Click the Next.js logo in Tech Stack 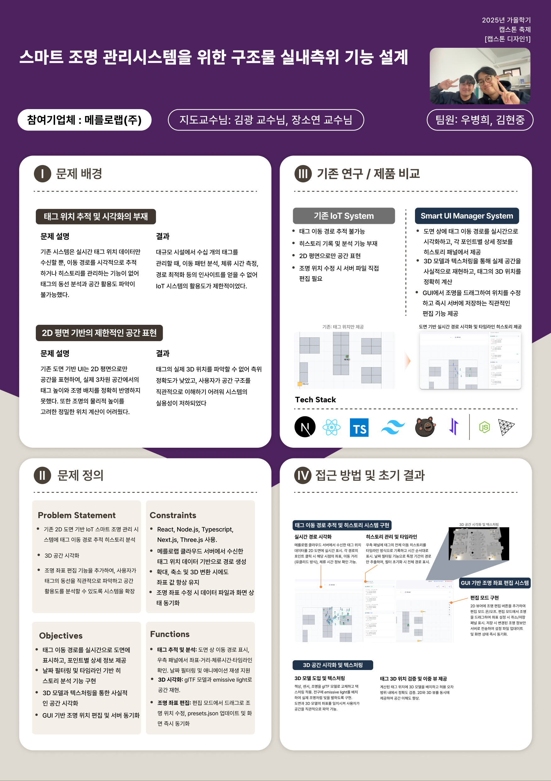point(305,427)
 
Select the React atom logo point(331,427)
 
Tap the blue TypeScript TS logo point(359,428)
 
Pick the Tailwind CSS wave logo point(393,427)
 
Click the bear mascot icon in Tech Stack point(425,427)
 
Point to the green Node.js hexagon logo point(484,427)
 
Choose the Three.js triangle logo point(506,427)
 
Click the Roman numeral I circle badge point(42,174)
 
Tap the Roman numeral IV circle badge point(303,475)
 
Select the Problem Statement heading point(77,515)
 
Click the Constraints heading point(173,515)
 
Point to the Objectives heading point(61,635)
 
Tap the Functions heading point(170,634)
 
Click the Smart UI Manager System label point(467,216)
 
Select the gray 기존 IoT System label point(344,216)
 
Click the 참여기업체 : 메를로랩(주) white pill point(84,120)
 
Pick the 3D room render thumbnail point(479,544)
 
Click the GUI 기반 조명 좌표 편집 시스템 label point(494,583)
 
